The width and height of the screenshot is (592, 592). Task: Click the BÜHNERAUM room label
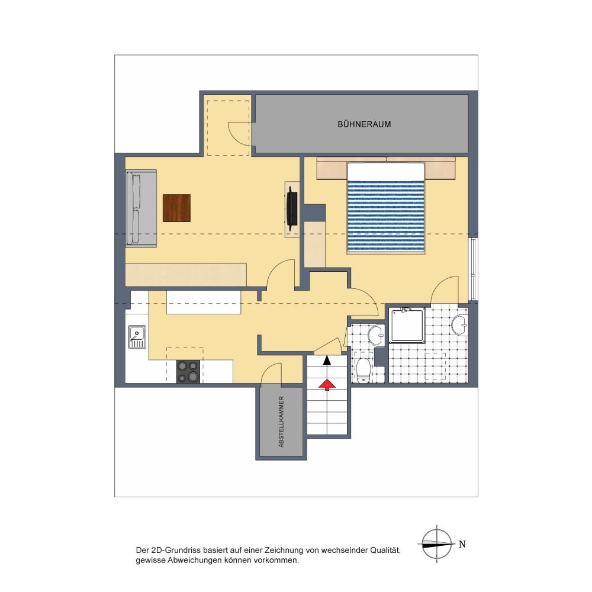point(364,124)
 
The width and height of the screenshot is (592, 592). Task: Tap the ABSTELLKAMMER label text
point(281,422)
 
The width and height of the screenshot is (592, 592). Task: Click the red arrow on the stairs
point(327,384)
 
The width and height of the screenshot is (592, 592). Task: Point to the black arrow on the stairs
point(327,360)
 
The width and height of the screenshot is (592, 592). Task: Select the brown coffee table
point(176,208)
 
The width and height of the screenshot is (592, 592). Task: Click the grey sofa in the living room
point(141,208)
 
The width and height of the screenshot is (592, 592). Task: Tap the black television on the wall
point(292,208)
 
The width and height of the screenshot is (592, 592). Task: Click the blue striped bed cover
point(385,216)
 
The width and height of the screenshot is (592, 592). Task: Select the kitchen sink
point(137,336)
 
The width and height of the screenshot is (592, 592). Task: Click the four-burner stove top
point(188,372)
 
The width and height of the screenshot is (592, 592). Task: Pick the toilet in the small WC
point(363,371)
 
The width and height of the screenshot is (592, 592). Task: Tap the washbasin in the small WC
point(377,335)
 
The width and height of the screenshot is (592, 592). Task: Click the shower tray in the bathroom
point(407,325)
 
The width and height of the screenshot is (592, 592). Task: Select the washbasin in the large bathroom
point(459,325)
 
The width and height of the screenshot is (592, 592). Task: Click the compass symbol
point(436,544)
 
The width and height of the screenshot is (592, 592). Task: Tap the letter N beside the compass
point(462,544)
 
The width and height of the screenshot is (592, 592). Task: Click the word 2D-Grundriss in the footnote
point(175,551)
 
